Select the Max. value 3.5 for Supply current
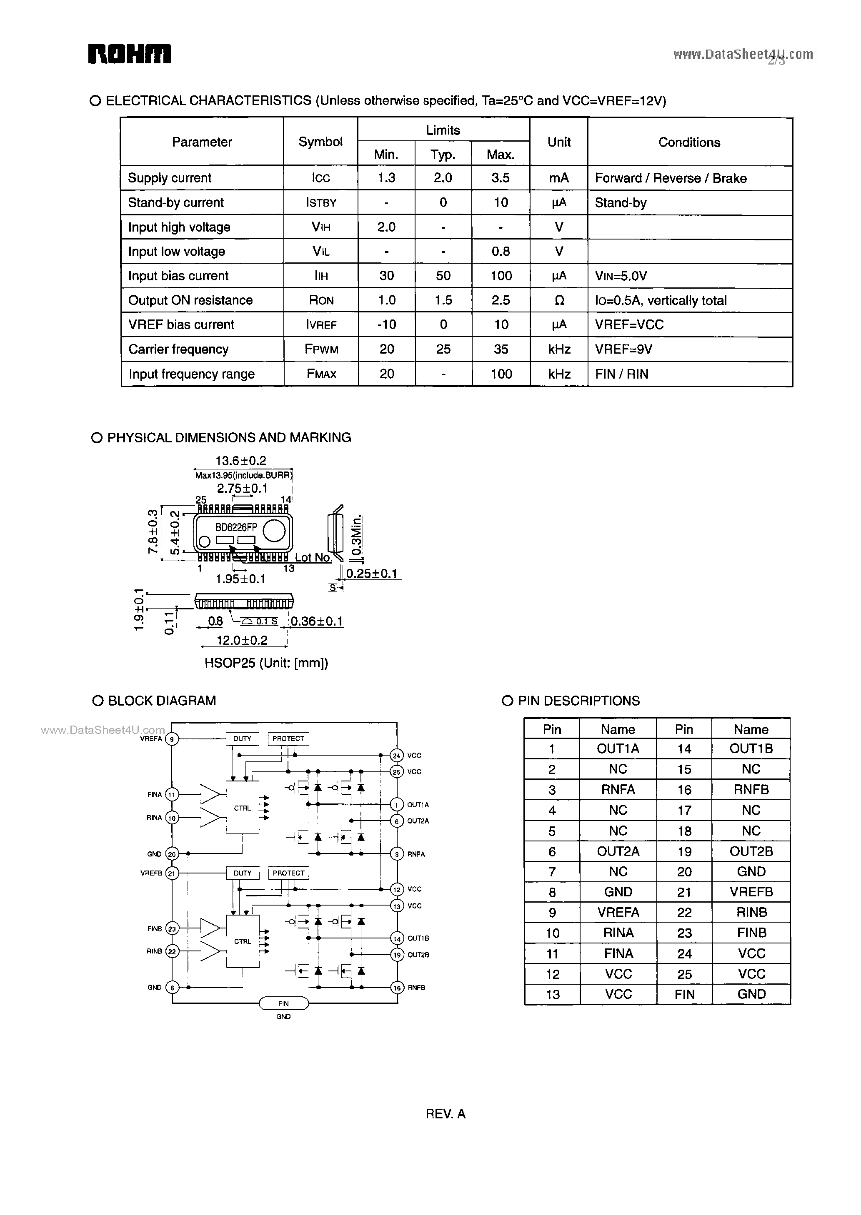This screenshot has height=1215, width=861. (501, 178)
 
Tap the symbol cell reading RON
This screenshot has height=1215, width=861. (321, 300)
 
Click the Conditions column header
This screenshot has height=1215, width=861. (689, 142)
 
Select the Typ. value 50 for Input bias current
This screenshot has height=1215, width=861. (443, 276)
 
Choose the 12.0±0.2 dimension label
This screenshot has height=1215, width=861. (242, 640)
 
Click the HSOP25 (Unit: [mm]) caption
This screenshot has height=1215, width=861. (266, 663)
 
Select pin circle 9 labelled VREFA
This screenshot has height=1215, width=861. (171, 738)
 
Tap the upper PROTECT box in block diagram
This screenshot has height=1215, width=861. (288, 738)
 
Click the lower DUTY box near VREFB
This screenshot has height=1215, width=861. (242, 873)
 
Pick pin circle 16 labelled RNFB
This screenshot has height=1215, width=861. (397, 987)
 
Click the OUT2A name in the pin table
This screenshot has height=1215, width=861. (618, 851)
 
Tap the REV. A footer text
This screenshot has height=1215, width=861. (446, 1114)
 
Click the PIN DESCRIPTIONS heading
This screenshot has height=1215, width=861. (578, 701)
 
